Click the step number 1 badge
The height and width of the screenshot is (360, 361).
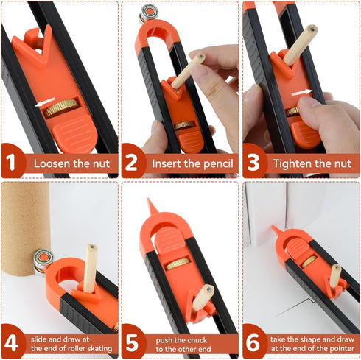(x=12, y=163)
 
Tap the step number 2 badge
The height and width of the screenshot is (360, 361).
(x=133, y=163)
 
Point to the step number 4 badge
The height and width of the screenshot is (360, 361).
(x=12, y=344)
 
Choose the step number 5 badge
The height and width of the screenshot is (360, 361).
(x=133, y=344)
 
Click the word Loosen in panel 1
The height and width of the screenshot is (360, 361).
(x=49, y=163)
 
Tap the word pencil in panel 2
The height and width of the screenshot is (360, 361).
(x=216, y=163)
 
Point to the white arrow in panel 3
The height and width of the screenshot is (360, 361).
(x=301, y=93)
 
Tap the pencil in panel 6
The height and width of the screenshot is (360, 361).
(x=335, y=275)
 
